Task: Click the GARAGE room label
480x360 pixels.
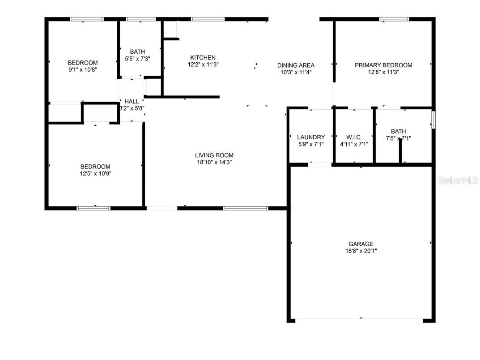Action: tap(361, 244)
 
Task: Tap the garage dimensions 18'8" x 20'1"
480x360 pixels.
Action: tap(361, 251)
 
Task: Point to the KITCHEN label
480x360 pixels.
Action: tap(203, 58)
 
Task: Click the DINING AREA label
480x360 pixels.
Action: tap(296, 65)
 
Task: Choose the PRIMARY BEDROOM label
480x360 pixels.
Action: tap(383, 65)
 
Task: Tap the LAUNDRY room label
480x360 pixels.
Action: tap(311, 137)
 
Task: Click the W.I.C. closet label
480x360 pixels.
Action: tap(354, 137)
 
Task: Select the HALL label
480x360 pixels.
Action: tap(132, 102)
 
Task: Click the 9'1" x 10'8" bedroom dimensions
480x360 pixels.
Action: tap(83, 70)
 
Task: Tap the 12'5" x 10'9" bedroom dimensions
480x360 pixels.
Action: tap(95, 174)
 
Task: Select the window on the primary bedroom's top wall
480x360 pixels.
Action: tap(394, 19)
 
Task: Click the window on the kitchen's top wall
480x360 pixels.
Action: tap(208, 19)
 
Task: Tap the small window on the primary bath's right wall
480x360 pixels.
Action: tap(433, 120)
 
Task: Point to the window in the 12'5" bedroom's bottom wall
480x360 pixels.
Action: tap(93, 208)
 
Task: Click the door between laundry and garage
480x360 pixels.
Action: tap(320, 165)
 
